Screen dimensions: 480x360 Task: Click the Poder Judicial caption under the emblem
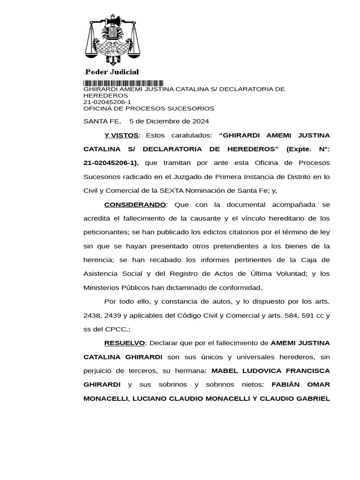coord(112,72)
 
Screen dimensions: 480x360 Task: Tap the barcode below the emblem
coord(123,82)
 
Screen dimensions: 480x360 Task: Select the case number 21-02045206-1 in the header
coord(107,102)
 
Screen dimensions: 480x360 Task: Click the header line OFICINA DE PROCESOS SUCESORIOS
coord(149,108)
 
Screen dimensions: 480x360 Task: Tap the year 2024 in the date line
coord(201,121)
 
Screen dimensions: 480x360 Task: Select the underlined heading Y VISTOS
coord(121,135)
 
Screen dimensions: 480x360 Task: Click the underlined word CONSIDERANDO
coord(135,204)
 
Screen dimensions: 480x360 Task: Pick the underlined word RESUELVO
coord(125,343)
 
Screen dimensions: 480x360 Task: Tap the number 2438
coord(92,315)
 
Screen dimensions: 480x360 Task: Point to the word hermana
coord(191,370)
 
